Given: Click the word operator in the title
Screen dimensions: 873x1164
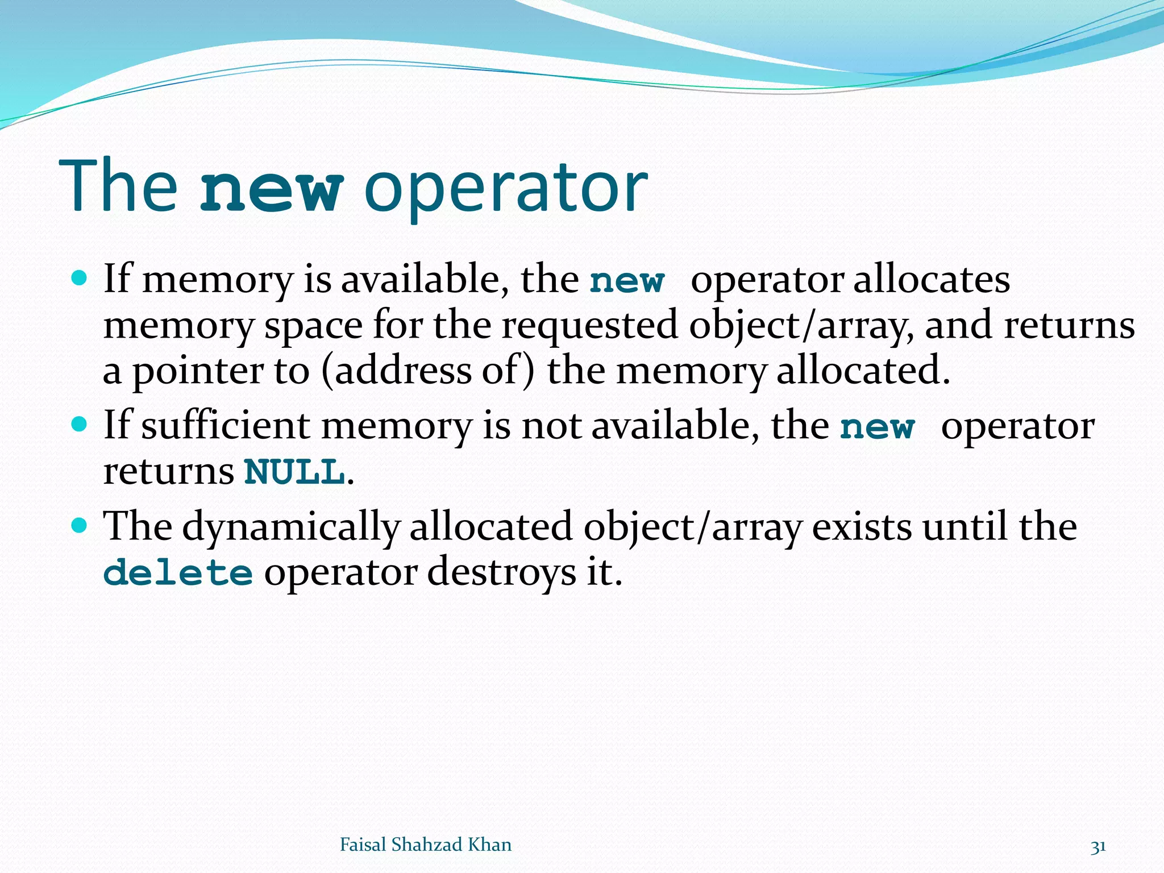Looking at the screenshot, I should pyautogui.click(x=505, y=188).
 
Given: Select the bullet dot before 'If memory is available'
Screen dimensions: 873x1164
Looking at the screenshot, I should pyautogui.click(x=80, y=278).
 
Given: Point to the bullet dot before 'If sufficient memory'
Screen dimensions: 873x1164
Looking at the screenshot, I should pyautogui.click(x=80, y=424).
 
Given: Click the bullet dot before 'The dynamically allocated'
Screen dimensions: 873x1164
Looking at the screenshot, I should pyautogui.click(x=80, y=525).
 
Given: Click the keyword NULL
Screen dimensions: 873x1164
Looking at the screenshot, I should pyautogui.click(x=294, y=472).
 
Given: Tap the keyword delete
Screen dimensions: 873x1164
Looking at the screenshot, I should pyautogui.click(x=178, y=572).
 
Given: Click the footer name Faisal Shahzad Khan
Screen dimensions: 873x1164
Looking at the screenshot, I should pyautogui.click(x=425, y=845).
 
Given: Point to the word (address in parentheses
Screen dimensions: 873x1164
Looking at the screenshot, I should pyautogui.click(x=396, y=371).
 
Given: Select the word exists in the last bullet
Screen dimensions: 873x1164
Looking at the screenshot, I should pyautogui.click(x=862, y=526).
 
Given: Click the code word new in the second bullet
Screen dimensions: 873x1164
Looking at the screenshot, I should pyautogui.click(x=877, y=427).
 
